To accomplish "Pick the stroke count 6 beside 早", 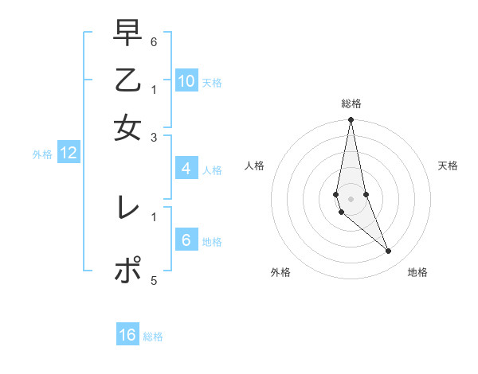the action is (153, 41).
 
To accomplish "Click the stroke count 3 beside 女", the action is (153, 138).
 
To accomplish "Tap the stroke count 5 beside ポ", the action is (153, 281).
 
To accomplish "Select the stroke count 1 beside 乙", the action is (153, 89).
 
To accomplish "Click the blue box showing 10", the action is (186, 81).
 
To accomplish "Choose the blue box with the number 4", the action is (186, 169).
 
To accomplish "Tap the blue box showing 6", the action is (186, 240).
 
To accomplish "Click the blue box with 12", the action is (69, 153).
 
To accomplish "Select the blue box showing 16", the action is (127, 335).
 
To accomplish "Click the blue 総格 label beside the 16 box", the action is (153, 337).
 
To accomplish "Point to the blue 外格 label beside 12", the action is (42, 154).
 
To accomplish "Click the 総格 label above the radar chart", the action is (351, 103).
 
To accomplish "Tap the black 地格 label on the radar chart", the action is (417, 272).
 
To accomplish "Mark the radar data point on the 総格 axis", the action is (351, 120).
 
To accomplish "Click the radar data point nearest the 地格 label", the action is (389, 251).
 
